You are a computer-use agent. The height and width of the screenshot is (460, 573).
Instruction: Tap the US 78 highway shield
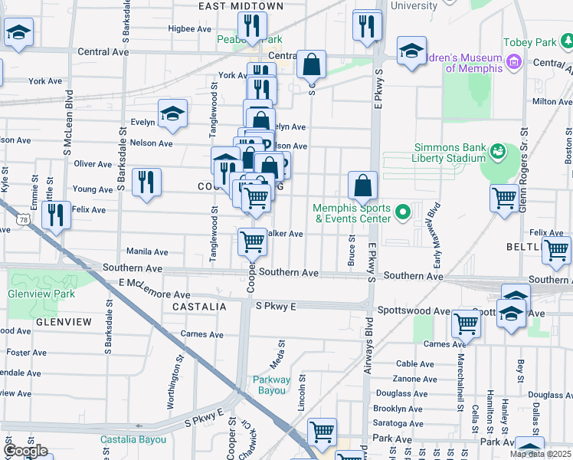[x=25, y=220]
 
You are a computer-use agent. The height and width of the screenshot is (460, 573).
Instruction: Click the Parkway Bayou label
[x=272, y=385]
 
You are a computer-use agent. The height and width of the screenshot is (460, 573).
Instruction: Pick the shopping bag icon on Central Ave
[x=311, y=65]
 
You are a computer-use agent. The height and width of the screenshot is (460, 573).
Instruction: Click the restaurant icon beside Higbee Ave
[x=252, y=27]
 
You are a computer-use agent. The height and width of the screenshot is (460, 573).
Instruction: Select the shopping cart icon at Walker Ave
[x=252, y=242]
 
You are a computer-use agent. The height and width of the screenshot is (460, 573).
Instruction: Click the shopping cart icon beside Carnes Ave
[x=466, y=324]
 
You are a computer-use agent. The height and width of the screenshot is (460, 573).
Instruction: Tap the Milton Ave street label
[x=551, y=101]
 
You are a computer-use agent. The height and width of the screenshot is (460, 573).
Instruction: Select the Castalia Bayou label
[x=133, y=440]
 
